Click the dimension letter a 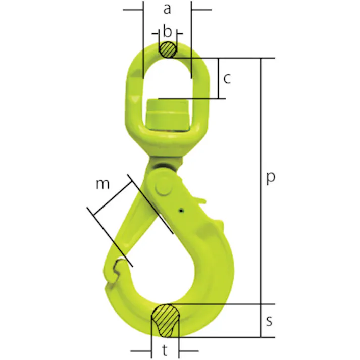(167, 10)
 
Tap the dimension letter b (167, 31)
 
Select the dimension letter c (227, 78)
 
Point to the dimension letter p (271, 178)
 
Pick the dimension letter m (102, 184)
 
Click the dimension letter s (269, 321)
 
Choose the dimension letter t (165, 350)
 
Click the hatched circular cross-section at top (168, 49)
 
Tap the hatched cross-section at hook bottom (165, 321)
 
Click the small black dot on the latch (182, 210)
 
